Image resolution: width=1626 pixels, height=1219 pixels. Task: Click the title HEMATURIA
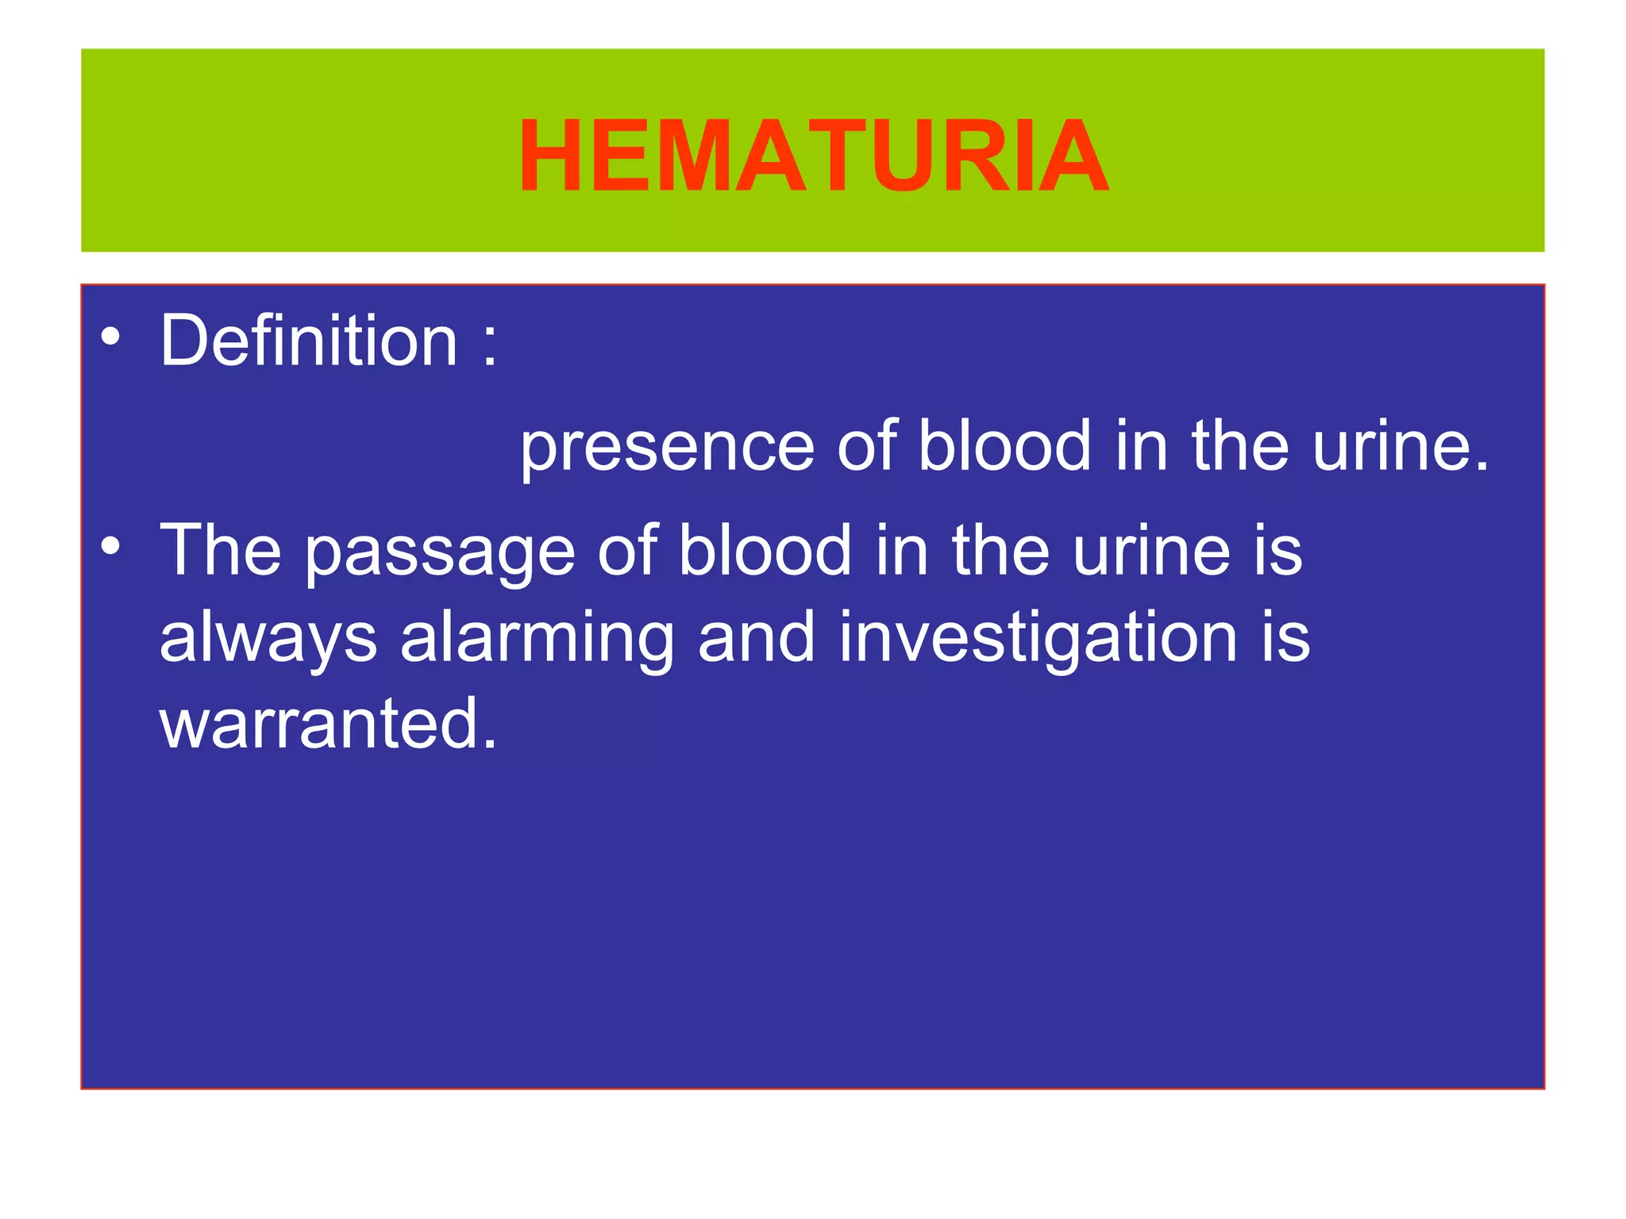coord(813,156)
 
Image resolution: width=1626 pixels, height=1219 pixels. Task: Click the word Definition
coord(309,340)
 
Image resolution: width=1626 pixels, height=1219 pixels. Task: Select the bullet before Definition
coord(111,337)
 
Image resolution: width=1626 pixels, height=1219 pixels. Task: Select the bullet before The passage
coord(111,547)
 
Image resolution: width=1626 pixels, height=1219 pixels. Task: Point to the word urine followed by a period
coord(1401,447)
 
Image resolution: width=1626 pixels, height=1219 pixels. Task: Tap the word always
coord(268,640)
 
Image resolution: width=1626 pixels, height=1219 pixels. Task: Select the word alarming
coord(537,640)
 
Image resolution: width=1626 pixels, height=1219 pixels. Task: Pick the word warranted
coord(328,723)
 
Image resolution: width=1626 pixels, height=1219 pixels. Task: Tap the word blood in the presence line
coord(1004,446)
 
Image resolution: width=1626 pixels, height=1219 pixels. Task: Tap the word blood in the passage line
coord(765,551)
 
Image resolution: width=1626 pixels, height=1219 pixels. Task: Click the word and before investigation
coord(756,638)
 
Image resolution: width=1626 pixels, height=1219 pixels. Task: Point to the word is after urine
coord(1278,551)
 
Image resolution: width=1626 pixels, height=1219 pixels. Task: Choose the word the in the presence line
coord(1239,446)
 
